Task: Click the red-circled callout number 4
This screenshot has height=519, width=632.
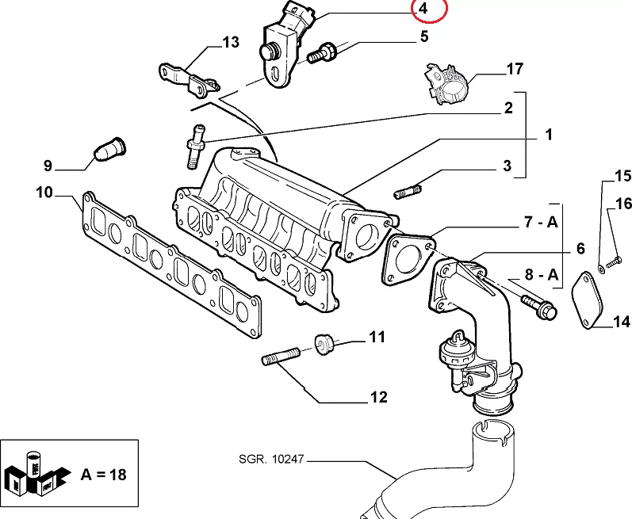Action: tap(423, 10)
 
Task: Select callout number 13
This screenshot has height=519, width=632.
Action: tap(230, 42)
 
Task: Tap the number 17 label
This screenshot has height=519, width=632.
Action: tap(515, 69)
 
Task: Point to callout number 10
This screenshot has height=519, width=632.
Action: tap(44, 192)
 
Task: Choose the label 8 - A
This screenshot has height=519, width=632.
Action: tap(542, 276)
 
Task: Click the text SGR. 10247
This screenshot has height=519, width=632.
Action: tap(270, 459)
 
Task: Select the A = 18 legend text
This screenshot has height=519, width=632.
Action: tap(103, 475)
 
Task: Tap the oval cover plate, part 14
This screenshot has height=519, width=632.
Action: tap(588, 300)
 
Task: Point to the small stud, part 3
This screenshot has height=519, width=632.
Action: tap(409, 191)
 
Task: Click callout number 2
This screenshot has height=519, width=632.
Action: tap(508, 109)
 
